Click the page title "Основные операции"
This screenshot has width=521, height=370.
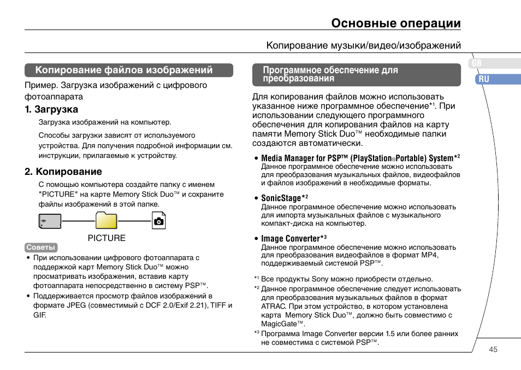(x=396, y=24)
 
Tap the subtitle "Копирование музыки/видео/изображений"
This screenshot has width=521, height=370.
(x=363, y=45)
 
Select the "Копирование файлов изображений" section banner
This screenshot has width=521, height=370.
(x=129, y=70)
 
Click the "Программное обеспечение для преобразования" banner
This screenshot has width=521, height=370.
(x=356, y=74)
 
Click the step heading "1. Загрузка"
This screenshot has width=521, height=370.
(x=51, y=109)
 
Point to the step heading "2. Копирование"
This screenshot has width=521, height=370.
(x=63, y=172)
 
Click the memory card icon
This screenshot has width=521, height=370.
(x=50, y=221)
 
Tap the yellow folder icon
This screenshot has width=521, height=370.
(x=106, y=220)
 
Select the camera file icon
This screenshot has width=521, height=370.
(x=158, y=221)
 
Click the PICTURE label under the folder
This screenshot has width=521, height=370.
(x=107, y=238)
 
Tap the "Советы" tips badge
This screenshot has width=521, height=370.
(x=41, y=248)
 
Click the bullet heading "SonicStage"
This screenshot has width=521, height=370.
(x=281, y=198)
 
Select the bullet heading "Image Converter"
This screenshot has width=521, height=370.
(x=291, y=239)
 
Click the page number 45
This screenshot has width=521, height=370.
(x=493, y=350)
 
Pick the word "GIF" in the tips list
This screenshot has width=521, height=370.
(x=39, y=315)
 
